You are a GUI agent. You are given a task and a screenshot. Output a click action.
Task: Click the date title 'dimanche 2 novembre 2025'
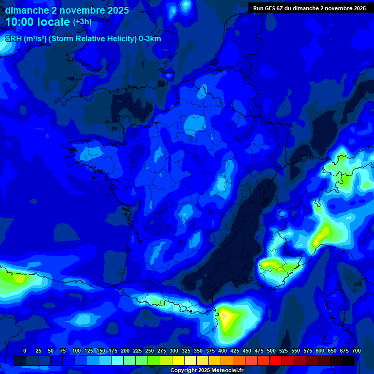(x=67, y=10)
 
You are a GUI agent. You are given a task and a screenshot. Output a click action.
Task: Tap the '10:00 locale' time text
(x=37, y=22)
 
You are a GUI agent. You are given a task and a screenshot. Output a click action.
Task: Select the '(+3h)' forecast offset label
(x=82, y=22)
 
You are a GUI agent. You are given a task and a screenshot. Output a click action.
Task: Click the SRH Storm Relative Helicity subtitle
(x=83, y=39)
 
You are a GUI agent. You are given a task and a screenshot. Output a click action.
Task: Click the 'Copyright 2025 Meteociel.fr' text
(x=206, y=370)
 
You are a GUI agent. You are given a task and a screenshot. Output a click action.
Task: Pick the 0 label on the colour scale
(x=25, y=351)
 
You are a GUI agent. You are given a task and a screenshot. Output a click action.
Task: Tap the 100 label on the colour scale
(x=76, y=351)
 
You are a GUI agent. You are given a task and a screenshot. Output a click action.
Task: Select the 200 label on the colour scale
(x=125, y=351)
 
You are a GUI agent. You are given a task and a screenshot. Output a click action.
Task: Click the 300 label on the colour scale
(x=173, y=351)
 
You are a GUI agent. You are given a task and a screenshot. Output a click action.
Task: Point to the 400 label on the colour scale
(x=222, y=351)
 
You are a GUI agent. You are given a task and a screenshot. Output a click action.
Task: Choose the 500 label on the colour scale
(x=271, y=351)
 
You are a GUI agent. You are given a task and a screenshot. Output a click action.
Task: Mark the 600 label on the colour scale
(x=319, y=351)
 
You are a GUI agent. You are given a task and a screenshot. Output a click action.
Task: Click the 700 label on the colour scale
(x=356, y=351)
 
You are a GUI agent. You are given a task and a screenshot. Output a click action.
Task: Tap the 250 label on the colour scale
(x=149, y=351)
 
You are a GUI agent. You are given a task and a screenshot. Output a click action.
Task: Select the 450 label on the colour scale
(x=246, y=351)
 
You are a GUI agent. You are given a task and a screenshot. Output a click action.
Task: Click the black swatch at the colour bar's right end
(x=349, y=360)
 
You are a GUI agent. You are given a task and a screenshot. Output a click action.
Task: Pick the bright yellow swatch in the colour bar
(x=178, y=360)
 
